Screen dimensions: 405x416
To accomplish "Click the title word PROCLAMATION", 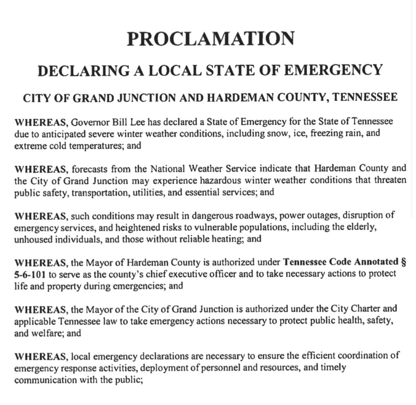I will (x=210, y=39).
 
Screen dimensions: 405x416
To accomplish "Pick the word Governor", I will (x=91, y=122).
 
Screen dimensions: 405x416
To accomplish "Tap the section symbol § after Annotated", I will (x=403, y=262).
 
